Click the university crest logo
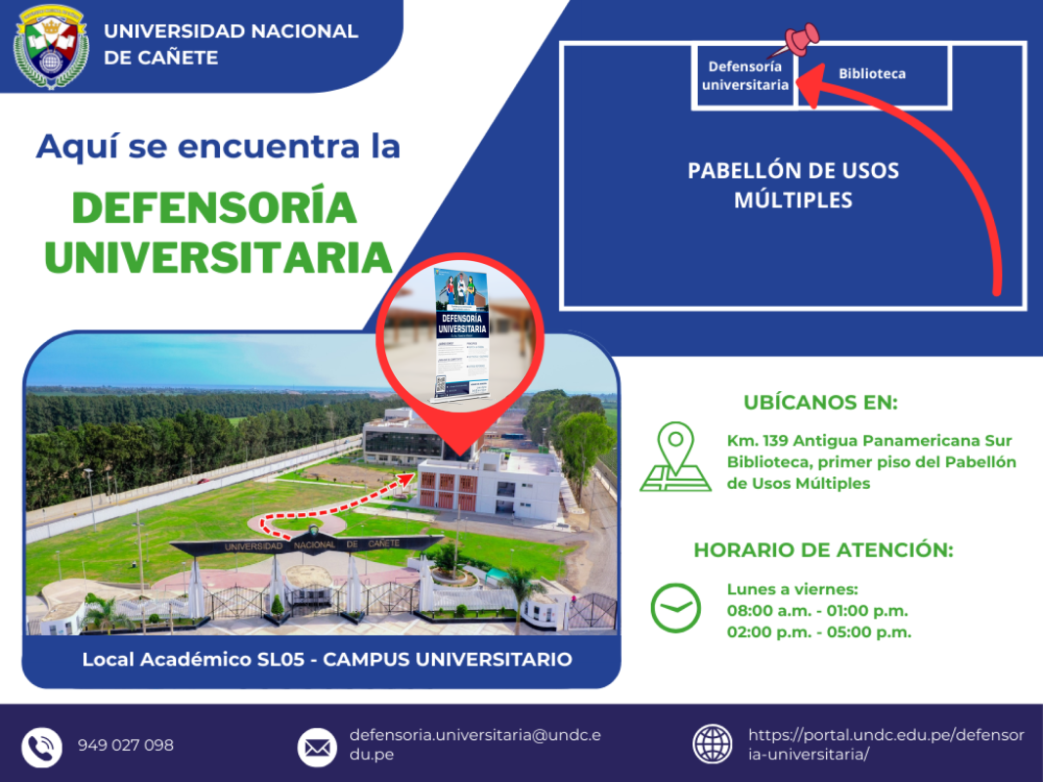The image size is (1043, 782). tap(51, 46)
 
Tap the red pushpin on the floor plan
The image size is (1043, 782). tap(802, 40)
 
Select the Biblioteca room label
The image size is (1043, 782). tap(872, 73)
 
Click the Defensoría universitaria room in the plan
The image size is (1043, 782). tap(745, 75)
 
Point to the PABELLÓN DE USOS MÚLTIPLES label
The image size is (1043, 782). tap(793, 185)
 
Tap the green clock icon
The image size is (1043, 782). tap(675, 608)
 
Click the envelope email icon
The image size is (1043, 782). tap(317, 747)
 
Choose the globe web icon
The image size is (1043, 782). tap(712, 744)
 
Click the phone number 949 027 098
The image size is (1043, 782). tap(126, 745)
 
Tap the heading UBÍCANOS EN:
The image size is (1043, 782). tap(820, 403)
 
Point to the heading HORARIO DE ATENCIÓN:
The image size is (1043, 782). tap(823, 549)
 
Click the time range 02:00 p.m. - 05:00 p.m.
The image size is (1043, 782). tap(818, 631)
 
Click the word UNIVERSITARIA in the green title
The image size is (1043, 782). tap(218, 255)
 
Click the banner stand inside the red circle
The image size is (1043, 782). tap(458, 334)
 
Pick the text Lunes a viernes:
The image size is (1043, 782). tap(792, 588)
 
